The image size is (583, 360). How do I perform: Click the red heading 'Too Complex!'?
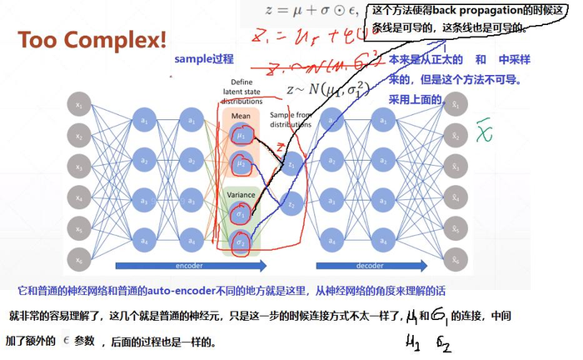click(92, 39)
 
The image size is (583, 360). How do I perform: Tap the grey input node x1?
click(79, 106)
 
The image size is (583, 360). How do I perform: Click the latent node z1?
click(291, 166)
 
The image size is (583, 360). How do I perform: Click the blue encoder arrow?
click(192, 266)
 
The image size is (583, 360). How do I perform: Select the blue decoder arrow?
click(383, 266)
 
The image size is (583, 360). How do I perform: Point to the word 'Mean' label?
click(241, 117)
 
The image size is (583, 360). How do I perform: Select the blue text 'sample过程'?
click(203, 59)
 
